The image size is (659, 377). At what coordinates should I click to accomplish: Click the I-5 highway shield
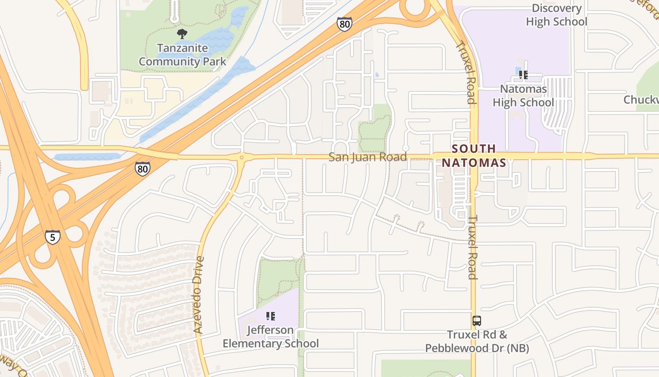tap(53, 237)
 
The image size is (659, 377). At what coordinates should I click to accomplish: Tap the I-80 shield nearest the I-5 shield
tap(143, 168)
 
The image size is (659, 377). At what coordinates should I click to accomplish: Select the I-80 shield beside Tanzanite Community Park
tap(344, 24)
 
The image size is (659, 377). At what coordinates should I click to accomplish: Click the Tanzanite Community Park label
tap(183, 55)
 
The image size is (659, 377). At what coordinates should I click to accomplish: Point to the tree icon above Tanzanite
tap(182, 34)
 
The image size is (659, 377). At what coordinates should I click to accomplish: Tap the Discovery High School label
tap(556, 15)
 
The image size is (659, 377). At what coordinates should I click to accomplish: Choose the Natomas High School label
tap(523, 96)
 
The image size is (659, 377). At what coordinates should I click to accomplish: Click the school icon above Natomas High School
tap(523, 74)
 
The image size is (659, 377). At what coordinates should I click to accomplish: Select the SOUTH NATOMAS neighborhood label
tap(474, 156)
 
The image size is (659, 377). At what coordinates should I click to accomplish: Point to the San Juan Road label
tap(368, 157)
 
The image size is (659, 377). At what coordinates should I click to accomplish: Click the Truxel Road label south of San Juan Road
tap(473, 247)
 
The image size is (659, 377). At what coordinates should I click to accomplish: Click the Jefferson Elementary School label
tap(270, 337)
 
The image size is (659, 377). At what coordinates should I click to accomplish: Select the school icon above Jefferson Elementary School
tap(270, 316)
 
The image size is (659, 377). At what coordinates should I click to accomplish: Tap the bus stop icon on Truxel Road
tap(477, 321)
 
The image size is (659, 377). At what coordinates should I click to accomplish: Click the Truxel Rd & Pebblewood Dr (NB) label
tap(477, 342)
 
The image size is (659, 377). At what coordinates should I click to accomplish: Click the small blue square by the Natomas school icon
tap(518, 73)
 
